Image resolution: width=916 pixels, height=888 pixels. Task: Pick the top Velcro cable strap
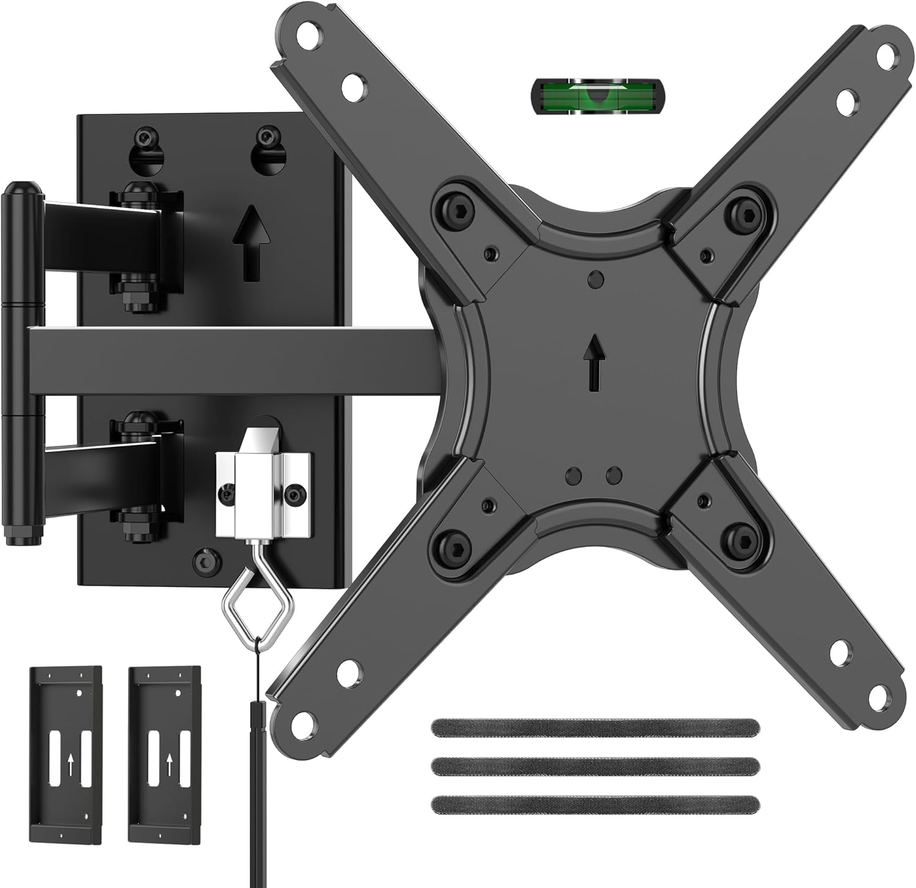tap(595, 726)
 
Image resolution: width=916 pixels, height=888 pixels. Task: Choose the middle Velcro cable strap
tap(595, 765)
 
